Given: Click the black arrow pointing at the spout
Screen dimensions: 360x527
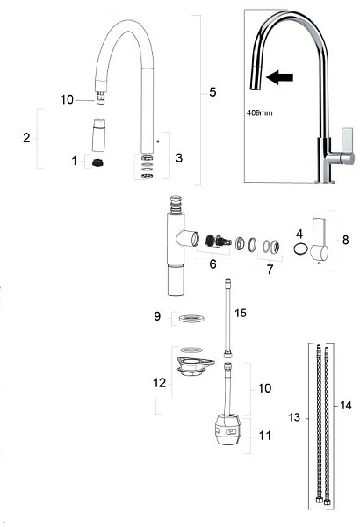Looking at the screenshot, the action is pyautogui.click(x=279, y=77).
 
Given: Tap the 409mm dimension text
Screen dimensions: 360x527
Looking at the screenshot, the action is pyautogui.click(x=260, y=113).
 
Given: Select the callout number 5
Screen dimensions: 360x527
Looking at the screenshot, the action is pyautogui.click(x=212, y=92).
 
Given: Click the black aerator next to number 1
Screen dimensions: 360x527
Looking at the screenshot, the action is pyautogui.click(x=98, y=163).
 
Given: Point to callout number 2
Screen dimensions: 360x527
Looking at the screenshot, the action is pyautogui.click(x=26, y=138).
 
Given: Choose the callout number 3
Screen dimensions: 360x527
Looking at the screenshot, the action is pyautogui.click(x=179, y=157).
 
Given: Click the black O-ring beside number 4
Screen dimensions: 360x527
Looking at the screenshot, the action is pyautogui.click(x=300, y=249).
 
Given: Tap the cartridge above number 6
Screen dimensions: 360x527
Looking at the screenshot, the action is pyautogui.click(x=219, y=241).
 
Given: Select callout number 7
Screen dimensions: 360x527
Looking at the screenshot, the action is pyautogui.click(x=270, y=270).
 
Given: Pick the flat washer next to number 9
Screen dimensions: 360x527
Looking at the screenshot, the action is pyautogui.click(x=191, y=318).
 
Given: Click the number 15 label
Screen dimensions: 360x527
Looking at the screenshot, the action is pyautogui.click(x=241, y=313).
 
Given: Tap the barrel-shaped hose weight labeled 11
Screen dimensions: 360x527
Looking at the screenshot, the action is pyautogui.click(x=227, y=430).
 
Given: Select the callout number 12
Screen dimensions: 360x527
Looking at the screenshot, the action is pyautogui.click(x=159, y=382).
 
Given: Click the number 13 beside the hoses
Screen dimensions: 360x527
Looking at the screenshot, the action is pyautogui.click(x=294, y=417).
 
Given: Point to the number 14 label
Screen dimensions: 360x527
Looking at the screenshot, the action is pyautogui.click(x=346, y=405).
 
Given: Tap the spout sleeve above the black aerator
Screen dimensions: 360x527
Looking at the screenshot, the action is pyautogui.click(x=98, y=134).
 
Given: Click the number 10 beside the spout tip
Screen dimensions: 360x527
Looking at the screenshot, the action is pyautogui.click(x=67, y=99).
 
